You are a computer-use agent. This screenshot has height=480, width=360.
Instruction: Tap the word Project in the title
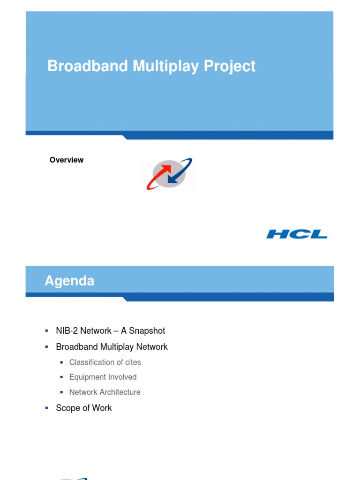(230, 66)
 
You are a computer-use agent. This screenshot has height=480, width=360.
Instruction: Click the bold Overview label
(67, 160)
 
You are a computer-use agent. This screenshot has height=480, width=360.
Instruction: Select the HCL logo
(297, 234)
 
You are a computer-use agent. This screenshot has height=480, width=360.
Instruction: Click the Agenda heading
(69, 281)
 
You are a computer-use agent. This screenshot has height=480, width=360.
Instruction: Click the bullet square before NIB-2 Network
(47, 330)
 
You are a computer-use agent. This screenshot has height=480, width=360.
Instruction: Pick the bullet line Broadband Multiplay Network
(112, 347)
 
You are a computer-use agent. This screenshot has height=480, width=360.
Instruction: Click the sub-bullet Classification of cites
(105, 362)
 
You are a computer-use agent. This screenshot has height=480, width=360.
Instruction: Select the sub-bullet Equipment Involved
(103, 377)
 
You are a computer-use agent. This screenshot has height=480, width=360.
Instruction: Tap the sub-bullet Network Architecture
(105, 392)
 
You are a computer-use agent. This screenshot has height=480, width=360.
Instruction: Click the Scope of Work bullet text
(84, 408)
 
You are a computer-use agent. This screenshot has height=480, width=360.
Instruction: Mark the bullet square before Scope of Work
(47, 408)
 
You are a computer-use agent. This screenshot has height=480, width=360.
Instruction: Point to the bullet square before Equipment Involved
(61, 377)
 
